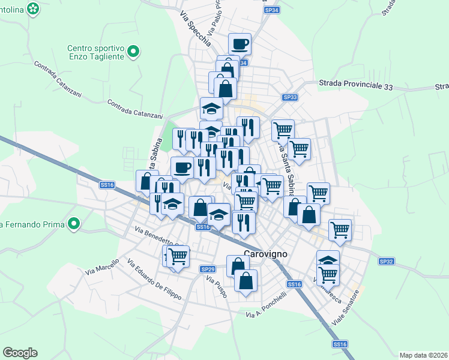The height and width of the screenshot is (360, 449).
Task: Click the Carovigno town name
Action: pos(266,254)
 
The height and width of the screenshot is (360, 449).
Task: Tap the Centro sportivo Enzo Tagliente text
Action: pos(95,52)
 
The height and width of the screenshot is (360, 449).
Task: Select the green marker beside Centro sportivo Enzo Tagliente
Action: pos(136,52)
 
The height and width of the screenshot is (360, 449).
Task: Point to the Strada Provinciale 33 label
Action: pos(364,86)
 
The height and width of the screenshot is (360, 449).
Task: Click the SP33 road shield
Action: pos(290,97)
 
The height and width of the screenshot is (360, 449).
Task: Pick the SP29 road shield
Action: pos(208,269)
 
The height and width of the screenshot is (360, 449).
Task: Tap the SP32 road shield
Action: pos(386,262)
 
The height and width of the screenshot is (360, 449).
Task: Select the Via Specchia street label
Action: pos(195,30)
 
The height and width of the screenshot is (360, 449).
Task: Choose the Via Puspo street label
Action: pos(218,287)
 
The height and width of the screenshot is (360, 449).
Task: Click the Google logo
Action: pos(20,353)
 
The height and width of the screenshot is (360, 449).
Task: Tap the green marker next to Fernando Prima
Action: pos(74,224)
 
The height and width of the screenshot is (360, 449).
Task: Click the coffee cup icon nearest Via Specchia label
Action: pos(240,43)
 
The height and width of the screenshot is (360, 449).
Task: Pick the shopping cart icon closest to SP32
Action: pos(340,229)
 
